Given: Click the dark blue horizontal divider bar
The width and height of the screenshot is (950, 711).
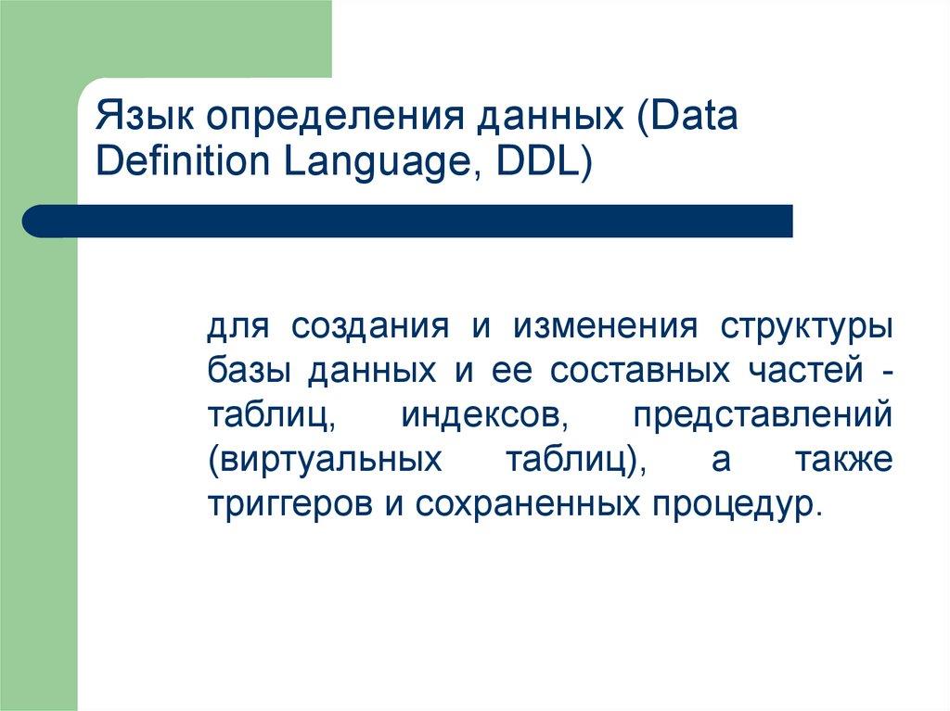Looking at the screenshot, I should (408, 221).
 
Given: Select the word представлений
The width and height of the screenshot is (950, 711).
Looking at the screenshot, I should (763, 416).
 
